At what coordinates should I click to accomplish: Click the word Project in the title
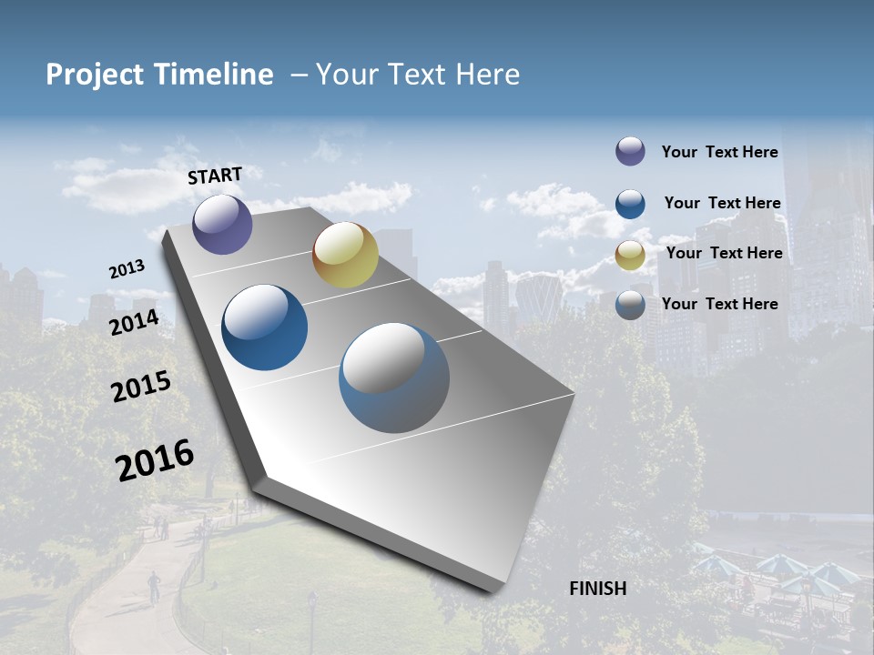pyautogui.click(x=95, y=75)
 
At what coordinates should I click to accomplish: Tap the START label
pyautogui.click(x=215, y=176)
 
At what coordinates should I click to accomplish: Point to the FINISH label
pyautogui.click(x=598, y=589)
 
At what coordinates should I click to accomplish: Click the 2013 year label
pyautogui.click(x=127, y=269)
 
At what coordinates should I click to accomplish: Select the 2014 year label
pyautogui.click(x=134, y=323)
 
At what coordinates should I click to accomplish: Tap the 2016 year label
pyautogui.click(x=155, y=459)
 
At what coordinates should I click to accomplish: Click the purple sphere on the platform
pyautogui.click(x=222, y=224)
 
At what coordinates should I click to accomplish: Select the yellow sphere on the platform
pyautogui.click(x=345, y=255)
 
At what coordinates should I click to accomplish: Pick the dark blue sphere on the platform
pyautogui.click(x=265, y=327)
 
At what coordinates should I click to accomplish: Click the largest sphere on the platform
pyautogui.click(x=394, y=378)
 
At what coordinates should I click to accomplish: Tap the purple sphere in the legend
pyautogui.click(x=630, y=152)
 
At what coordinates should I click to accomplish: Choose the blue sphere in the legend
pyautogui.click(x=630, y=203)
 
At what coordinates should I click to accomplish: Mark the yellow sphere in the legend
pyautogui.click(x=630, y=255)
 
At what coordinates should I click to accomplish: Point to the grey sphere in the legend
pyautogui.click(x=630, y=305)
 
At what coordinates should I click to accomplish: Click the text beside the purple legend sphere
pyautogui.click(x=719, y=152)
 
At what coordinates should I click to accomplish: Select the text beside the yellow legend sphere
pyautogui.click(x=724, y=253)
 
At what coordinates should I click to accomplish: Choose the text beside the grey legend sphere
pyautogui.click(x=719, y=304)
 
